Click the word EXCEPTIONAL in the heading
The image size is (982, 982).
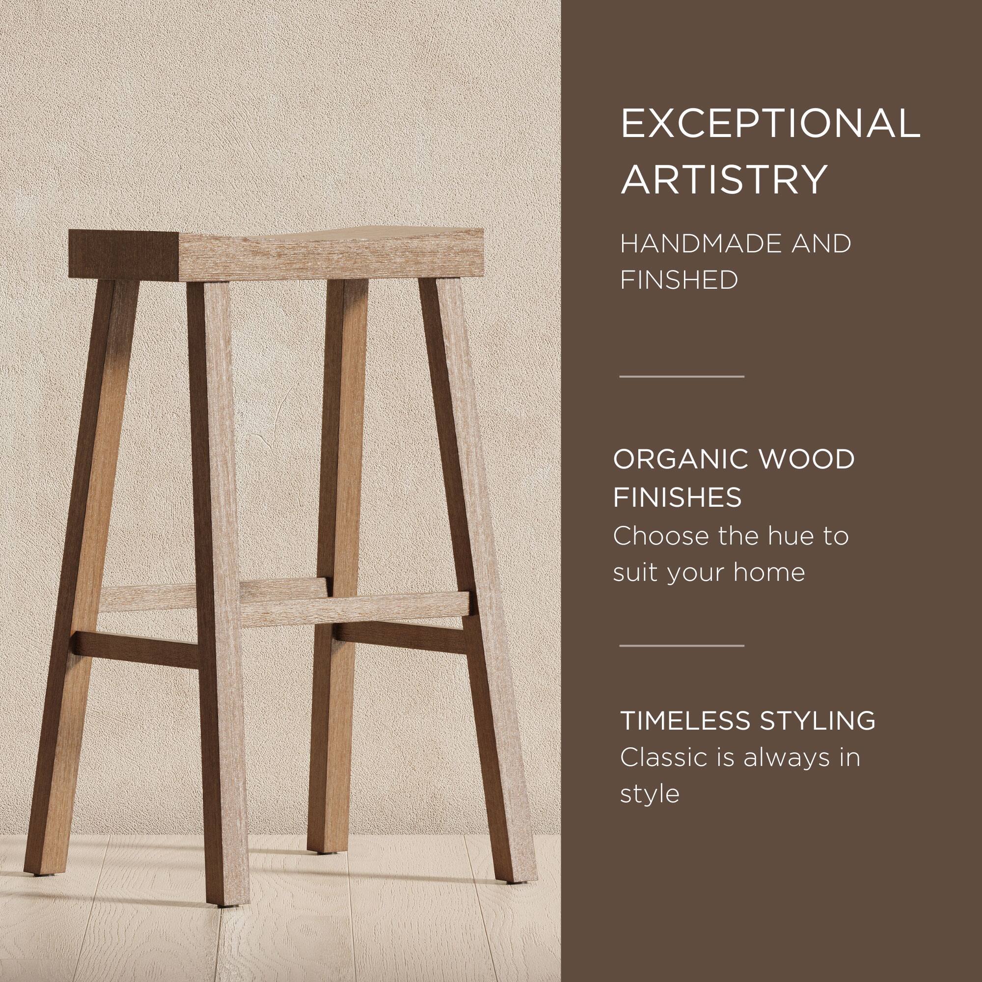[x=770, y=124]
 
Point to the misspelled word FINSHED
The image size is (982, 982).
[x=679, y=280]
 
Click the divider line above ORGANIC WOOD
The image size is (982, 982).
[x=682, y=377]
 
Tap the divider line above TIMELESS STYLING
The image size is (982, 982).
[x=682, y=646]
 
